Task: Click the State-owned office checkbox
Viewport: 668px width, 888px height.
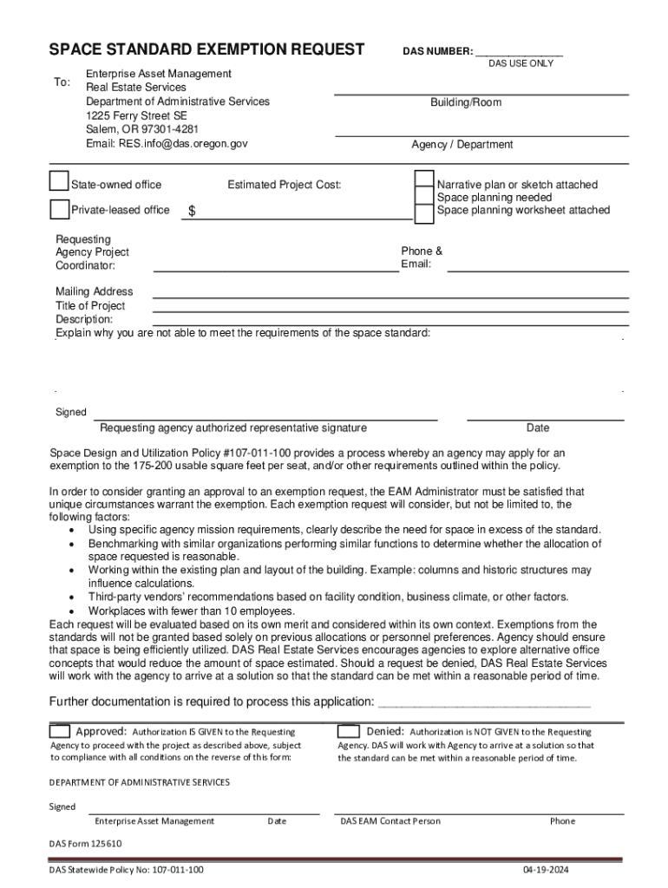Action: [x=59, y=181]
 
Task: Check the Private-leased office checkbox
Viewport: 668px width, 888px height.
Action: [x=59, y=209]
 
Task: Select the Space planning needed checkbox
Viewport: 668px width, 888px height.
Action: [x=424, y=197]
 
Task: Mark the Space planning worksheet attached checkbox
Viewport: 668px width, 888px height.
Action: [x=424, y=212]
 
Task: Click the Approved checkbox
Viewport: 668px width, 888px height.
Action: [x=60, y=731]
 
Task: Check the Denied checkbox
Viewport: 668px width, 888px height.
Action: [x=349, y=731]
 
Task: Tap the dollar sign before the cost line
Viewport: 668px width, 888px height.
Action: [x=193, y=212]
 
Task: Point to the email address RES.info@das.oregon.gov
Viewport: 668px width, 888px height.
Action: [x=167, y=143]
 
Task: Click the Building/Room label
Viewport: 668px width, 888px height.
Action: [x=466, y=102]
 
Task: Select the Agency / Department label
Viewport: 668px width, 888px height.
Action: [x=462, y=145]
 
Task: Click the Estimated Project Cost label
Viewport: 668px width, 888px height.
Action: [x=285, y=185]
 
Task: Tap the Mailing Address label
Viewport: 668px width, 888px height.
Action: [x=95, y=291]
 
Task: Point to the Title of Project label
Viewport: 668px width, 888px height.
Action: [x=90, y=305]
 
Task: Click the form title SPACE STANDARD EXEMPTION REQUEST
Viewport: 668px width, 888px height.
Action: [x=206, y=49]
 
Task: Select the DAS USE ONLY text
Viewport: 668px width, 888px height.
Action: [x=521, y=64]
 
